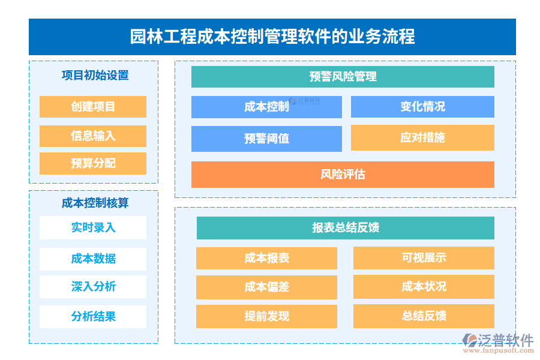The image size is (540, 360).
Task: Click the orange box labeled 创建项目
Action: [93, 107]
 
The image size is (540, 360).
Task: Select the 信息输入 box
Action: [93, 136]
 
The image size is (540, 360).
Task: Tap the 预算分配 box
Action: [93, 163]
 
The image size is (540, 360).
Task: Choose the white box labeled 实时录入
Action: [93, 227]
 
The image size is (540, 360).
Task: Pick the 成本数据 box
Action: [93, 259]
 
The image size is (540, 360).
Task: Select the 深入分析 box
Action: [93, 286]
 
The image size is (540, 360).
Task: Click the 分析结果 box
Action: [93, 316]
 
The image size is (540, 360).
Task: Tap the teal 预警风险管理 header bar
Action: [343, 77]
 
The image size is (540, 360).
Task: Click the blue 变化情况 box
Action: [422, 107]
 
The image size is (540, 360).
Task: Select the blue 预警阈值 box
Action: [266, 139]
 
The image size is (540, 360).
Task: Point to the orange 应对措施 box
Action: [422, 137]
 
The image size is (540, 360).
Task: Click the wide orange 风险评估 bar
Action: [343, 175]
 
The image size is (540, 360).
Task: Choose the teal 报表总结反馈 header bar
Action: [345, 228]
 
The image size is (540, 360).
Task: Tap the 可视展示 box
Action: [424, 258]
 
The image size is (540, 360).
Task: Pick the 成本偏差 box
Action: [266, 287]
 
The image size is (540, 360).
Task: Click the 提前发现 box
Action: [266, 316]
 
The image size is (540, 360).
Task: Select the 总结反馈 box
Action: [424, 316]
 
